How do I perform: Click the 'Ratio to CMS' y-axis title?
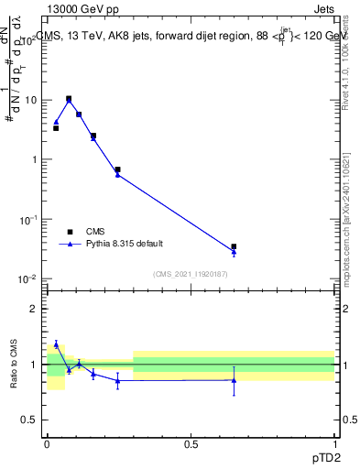point(14,364)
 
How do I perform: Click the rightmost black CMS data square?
point(235,246)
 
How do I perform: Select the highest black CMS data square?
point(69,98)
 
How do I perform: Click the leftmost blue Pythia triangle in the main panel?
point(56,122)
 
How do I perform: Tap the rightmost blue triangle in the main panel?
point(235,252)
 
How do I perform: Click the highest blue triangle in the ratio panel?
point(56,344)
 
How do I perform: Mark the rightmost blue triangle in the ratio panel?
point(235,380)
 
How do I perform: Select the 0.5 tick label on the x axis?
point(191,443)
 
